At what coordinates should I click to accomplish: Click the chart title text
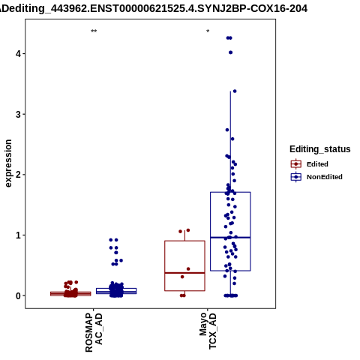[154, 9]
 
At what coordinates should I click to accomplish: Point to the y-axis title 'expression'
[8, 163]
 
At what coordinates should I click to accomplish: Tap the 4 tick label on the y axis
[18, 54]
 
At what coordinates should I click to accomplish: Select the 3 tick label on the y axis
[18, 114]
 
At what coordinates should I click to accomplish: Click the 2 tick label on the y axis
[18, 175]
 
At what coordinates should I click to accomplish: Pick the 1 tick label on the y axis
[18, 235]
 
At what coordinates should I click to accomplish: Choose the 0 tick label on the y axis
[18, 295]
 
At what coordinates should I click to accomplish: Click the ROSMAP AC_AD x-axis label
[94, 332]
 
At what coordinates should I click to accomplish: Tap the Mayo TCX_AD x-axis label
[208, 331]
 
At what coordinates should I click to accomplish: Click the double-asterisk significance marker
[94, 31]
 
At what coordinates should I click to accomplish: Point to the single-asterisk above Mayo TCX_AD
[208, 31]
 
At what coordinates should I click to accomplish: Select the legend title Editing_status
[320, 149]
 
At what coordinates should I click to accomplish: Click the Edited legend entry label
[317, 164]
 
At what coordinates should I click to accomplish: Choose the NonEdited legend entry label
[325, 177]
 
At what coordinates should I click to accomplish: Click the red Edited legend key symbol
[296, 164]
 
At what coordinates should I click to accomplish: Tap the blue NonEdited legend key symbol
[296, 177]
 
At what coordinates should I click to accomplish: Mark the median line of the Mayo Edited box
[184, 273]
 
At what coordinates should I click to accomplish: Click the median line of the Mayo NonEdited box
[230, 238]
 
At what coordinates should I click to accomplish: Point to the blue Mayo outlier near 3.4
[235, 91]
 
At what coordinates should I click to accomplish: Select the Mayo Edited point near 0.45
[188, 269]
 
